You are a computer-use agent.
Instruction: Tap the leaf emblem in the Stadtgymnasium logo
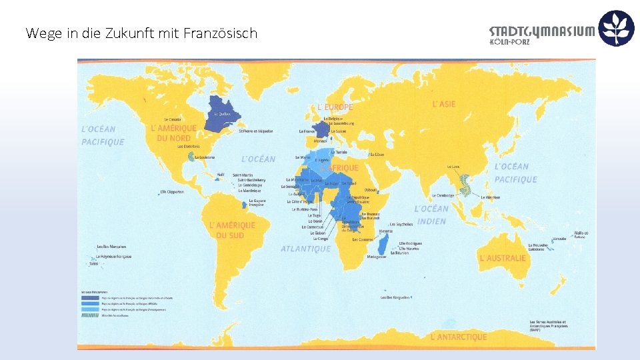(x=616, y=28)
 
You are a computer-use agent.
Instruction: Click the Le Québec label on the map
(x=222, y=113)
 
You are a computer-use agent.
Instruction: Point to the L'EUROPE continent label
(x=335, y=107)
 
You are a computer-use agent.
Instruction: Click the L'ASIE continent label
(x=444, y=104)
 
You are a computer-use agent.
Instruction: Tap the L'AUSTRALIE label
(x=503, y=258)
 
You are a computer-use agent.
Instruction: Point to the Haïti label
(x=220, y=175)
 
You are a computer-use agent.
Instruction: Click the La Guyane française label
(x=257, y=202)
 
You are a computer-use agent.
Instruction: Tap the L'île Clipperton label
(x=173, y=192)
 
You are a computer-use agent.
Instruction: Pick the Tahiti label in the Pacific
(x=93, y=264)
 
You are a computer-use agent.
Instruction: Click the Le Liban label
(x=377, y=154)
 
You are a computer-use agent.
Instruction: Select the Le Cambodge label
(x=443, y=195)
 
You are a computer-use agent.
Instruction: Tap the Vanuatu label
(x=559, y=238)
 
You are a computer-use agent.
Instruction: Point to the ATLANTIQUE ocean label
(x=305, y=249)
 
